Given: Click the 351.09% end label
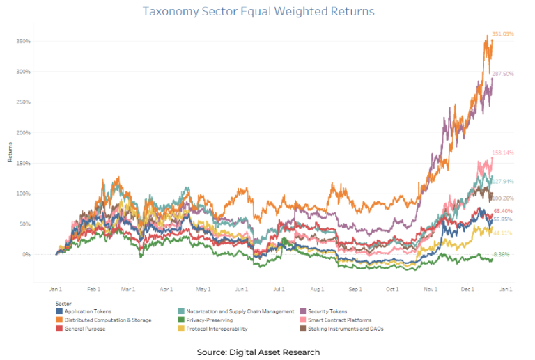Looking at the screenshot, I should (503, 33).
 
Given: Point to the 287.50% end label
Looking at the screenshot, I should (503, 73).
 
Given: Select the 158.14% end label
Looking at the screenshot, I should (502, 152).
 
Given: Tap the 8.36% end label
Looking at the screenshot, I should (501, 254).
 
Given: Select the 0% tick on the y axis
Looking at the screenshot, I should (26, 255).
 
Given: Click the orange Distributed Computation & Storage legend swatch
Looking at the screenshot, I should (60, 320).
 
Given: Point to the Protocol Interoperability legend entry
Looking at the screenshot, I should (218, 328).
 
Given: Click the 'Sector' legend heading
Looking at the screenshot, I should (63, 304).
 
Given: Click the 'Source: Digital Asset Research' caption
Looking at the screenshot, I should (258, 352).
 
